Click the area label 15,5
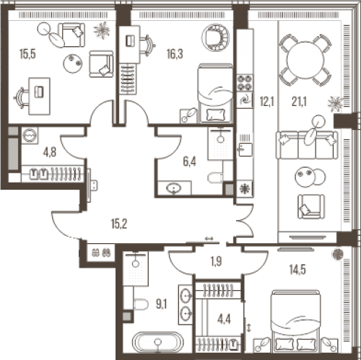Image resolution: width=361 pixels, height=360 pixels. click(x=27, y=54)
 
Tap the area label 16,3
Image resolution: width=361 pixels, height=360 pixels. click(x=175, y=54)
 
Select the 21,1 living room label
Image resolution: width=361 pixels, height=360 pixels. click(x=299, y=102)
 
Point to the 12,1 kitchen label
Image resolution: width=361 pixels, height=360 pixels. click(x=266, y=102)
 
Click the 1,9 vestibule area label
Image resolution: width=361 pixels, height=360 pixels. click(x=216, y=261)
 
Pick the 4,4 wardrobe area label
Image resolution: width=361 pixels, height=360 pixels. click(x=224, y=320)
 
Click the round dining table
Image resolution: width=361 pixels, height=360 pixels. click(x=305, y=60)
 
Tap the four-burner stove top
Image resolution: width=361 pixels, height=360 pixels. click(x=245, y=83)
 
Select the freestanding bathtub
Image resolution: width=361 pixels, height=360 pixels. click(x=157, y=342)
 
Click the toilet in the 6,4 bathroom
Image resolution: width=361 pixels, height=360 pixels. click(x=215, y=178)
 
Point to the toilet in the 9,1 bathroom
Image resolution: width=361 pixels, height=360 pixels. click(x=141, y=304)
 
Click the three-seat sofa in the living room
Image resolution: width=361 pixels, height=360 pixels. click(x=307, y=145)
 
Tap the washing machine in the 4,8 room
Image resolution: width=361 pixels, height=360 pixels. click(x=30, y=136)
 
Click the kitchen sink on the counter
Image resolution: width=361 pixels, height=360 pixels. click(x=245, y=149)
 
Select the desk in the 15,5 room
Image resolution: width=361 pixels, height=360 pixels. click(x=40, y=96)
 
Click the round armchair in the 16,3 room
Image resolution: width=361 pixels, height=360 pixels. click(x=215, y=38)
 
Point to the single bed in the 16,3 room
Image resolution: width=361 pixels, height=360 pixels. click(x=215, y=93)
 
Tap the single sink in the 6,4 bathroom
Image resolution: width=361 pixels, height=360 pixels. click(x=175, y=188)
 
